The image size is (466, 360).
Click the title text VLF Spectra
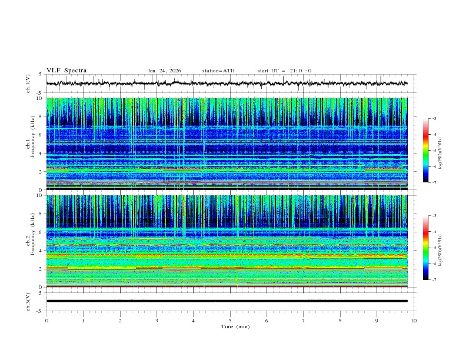coord(66,71)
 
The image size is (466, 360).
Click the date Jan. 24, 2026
coord(164,71)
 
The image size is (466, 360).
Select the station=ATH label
coord(218,71)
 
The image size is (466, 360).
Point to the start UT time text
coord(284,71)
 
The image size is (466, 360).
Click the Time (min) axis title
coord(230,326)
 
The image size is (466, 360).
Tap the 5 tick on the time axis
coord(230,320)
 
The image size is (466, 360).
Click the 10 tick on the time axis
coord(414,320)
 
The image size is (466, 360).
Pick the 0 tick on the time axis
coord(46,320)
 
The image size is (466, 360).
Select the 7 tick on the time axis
coord(304,320)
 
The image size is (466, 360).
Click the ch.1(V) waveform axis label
coord(28,84)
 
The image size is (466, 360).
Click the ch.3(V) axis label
coord(28,301)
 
